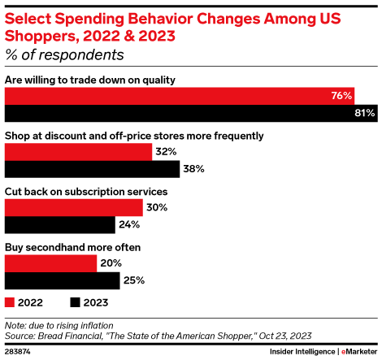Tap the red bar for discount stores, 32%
[x=78, y=152]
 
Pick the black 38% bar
[x=92, y=169]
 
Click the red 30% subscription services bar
[x=74, y=207]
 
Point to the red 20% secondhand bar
[x=50, y=262]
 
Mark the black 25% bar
[x=62, y=280]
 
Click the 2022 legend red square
[x=10, y=302]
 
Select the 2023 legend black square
[x=76, y=302]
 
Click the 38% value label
[x=193, y=169]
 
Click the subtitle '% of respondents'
[x=64, y=55]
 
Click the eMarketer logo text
[x=359, y=351]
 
